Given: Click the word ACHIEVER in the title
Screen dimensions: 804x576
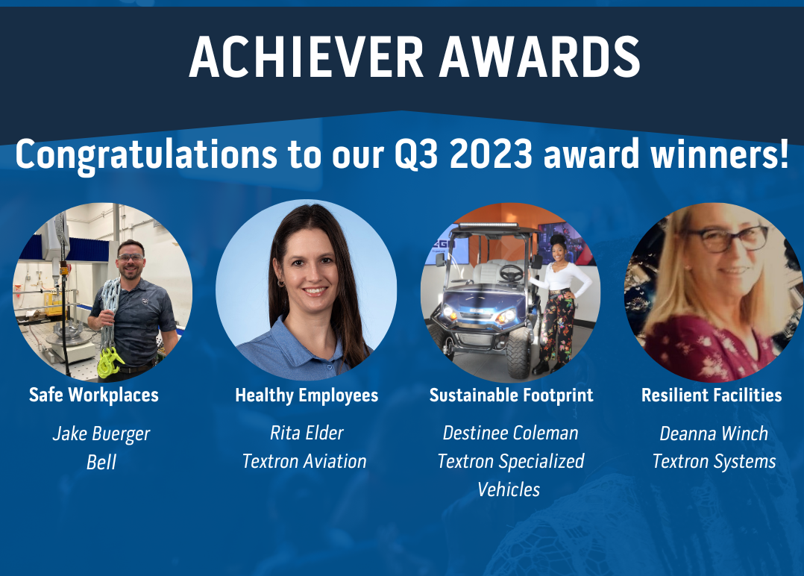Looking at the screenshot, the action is point(306,57).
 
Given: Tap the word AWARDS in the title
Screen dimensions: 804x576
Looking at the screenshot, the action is point(540,57).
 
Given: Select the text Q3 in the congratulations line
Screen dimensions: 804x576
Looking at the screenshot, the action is point(416,154).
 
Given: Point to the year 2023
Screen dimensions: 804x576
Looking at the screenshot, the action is point(491,154).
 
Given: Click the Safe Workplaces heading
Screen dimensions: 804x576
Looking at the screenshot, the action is point(94,395).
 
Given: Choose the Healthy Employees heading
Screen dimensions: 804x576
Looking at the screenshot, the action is point(307,395).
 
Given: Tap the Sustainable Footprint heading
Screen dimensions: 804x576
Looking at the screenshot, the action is point(511,395).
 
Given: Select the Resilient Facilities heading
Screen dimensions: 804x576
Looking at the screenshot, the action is point(712,395).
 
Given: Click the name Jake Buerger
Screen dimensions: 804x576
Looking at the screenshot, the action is point(101,434).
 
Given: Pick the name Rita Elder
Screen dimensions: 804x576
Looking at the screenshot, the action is point(307,433).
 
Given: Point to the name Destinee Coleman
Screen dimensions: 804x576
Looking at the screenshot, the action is point(511,433).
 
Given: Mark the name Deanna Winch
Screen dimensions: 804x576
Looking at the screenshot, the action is point(714,433).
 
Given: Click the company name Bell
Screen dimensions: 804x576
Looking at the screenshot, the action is point(101,462).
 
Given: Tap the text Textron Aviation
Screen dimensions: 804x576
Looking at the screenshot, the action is point(304,461).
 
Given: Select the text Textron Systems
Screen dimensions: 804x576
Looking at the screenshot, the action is point(715,462).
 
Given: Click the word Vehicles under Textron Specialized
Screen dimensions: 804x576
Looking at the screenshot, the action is point(509,489).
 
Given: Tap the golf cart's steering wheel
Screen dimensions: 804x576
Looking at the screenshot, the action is point(511,273).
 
